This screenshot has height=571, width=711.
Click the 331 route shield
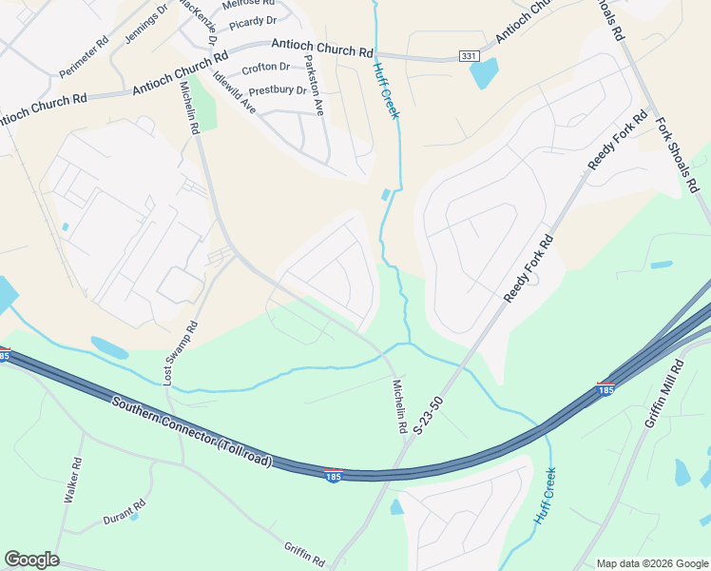[x=469, y=57]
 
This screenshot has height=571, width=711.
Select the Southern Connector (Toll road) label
[x=192, y=433]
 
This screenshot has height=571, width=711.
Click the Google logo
[x=31, y=560]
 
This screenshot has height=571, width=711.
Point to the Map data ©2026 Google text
[x=652, y=563]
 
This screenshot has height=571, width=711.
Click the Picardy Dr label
[x=253, y=20]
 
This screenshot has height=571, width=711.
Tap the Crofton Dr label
[x=266, y=68]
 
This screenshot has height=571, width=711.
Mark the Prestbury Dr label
[x=278, y=91]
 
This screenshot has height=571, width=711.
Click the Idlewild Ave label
[x=235, y=93]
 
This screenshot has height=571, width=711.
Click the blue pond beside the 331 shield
[x=484, y=72]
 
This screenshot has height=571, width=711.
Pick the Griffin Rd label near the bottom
[x=305, y=551]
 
